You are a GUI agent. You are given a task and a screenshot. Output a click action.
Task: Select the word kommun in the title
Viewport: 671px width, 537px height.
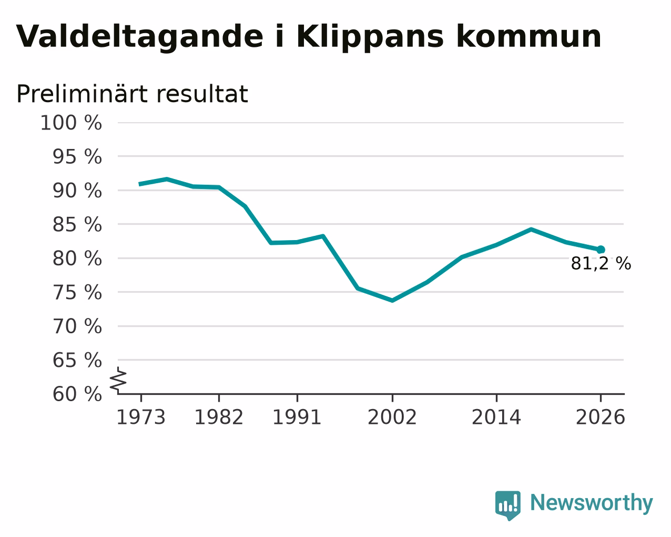click(x=529, y=36)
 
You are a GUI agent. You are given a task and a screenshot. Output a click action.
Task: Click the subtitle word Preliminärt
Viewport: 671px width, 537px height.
click(x=82, y=94)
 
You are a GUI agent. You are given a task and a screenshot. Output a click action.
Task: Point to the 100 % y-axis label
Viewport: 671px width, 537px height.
click(x=71, y=123)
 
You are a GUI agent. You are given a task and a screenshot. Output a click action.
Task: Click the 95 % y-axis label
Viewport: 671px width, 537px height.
click(x=77, y=156)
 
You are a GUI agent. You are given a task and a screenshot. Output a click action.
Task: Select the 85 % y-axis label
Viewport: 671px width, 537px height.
click(x=77, y=224)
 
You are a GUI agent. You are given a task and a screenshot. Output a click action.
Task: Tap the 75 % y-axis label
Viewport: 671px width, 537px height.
click(x=77, y=293)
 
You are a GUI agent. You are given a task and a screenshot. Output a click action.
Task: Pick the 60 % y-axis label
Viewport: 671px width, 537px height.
click(x=77, y=394)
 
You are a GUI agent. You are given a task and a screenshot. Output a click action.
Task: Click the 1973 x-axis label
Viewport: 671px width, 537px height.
click(x=141, y=417)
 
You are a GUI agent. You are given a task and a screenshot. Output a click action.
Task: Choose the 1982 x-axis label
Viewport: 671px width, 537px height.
click(x=219, y=417)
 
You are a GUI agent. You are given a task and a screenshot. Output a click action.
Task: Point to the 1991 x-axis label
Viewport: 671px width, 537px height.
click(x=297, y=417)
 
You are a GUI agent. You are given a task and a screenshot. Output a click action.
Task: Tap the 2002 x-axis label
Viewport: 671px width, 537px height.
click(x=392, y=417)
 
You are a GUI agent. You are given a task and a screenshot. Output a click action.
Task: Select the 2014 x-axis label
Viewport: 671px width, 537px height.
click(x=496, y=417)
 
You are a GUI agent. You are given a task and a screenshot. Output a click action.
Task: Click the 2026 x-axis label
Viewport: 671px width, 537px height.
click(x=601, y=417)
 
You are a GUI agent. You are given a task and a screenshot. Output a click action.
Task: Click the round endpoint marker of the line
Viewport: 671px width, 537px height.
click(x=601, y=250)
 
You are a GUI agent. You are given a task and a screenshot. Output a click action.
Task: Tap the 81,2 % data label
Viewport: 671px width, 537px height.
click(x=601, y=264)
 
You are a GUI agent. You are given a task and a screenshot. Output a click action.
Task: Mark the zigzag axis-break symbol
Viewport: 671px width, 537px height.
click(x=118, y=380)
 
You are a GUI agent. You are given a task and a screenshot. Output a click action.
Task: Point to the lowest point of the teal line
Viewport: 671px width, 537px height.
click(x=392, y=300)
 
